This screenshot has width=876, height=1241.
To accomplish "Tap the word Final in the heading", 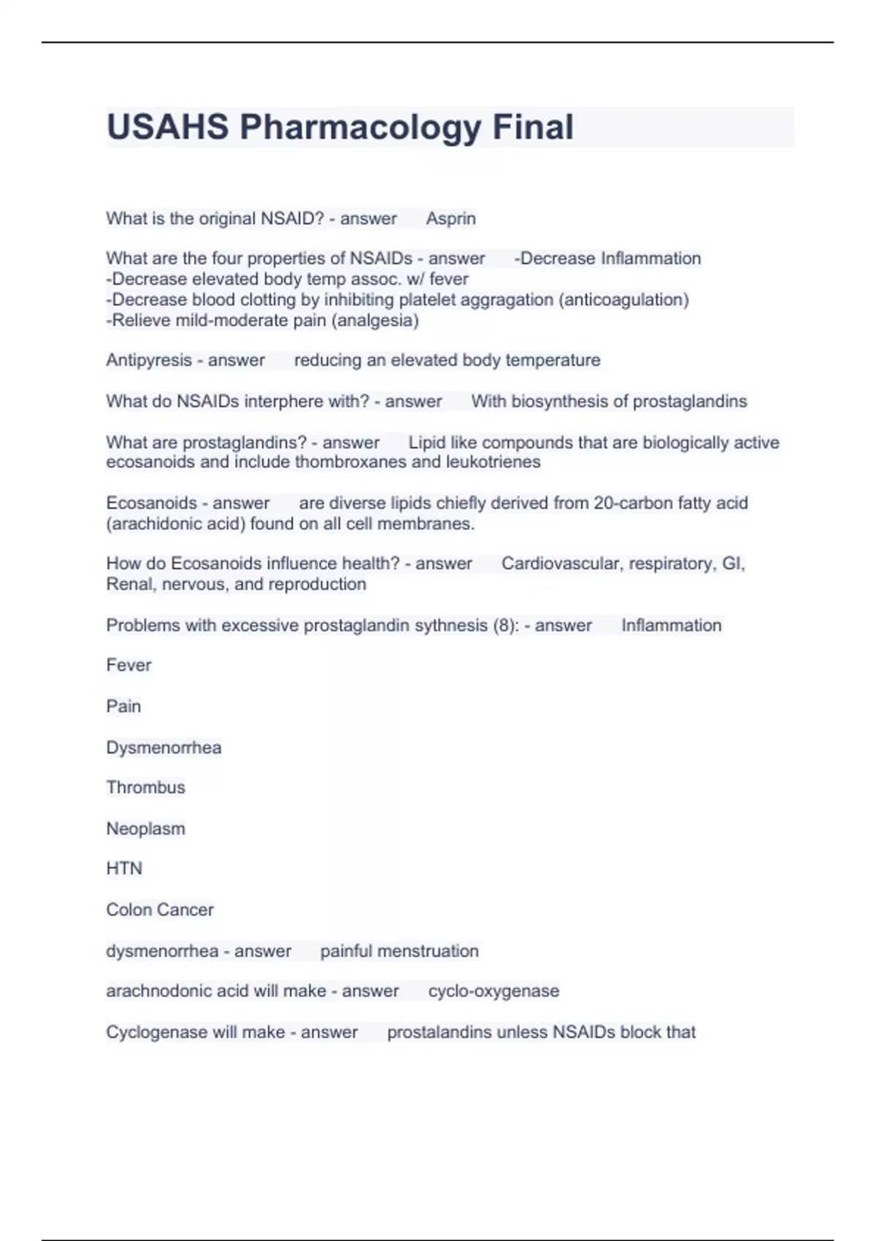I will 533,127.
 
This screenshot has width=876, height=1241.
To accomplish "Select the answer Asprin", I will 451,218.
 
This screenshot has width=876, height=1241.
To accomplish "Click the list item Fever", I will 128,665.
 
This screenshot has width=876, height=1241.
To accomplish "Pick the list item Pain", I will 123,706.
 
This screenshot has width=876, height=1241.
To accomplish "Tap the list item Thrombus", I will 145,787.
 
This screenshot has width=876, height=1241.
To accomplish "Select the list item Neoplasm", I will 145,829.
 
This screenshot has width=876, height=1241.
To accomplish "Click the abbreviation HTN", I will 124,868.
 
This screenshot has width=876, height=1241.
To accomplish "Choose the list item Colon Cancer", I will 160,910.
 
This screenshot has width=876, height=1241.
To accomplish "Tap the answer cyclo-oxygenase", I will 493,991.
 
